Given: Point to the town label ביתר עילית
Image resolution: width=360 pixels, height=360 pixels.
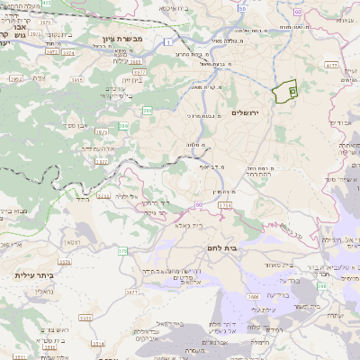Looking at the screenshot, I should [33, 277].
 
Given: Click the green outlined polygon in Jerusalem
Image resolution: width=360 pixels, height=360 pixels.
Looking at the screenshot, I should [286, 92].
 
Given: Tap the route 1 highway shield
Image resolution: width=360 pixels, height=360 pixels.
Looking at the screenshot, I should [168, 42].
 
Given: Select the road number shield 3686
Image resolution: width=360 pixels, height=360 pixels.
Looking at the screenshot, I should [255, 296].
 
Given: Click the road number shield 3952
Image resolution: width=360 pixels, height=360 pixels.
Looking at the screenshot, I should [15, 79].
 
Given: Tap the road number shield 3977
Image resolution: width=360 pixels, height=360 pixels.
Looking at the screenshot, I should [139, 69].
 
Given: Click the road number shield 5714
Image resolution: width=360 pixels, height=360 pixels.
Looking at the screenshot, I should [225, 206].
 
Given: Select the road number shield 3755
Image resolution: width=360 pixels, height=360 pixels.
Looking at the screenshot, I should [104, 195].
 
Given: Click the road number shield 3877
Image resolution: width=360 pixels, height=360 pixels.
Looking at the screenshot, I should [102, 161].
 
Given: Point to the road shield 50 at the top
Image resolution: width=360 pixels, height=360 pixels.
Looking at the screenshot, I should [242, 8].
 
